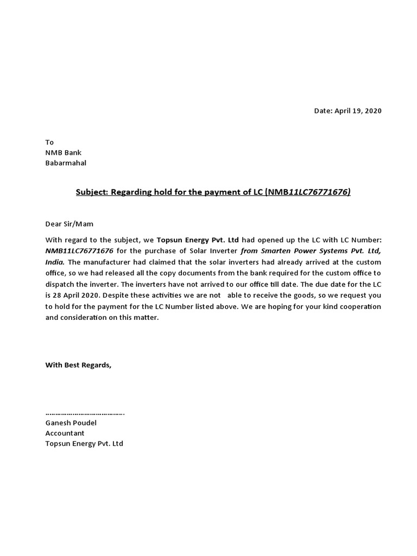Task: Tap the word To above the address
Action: (x=49, y=142)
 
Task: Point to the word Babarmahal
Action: (x=66, y=163)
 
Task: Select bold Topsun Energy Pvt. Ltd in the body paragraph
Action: (x=198, y=239)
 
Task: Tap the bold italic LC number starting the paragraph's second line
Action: (x=79, y=249)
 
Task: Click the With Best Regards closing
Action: (x=78, y=365)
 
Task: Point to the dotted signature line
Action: (x=85, y=413)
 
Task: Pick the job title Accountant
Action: (x=65, y=433)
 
